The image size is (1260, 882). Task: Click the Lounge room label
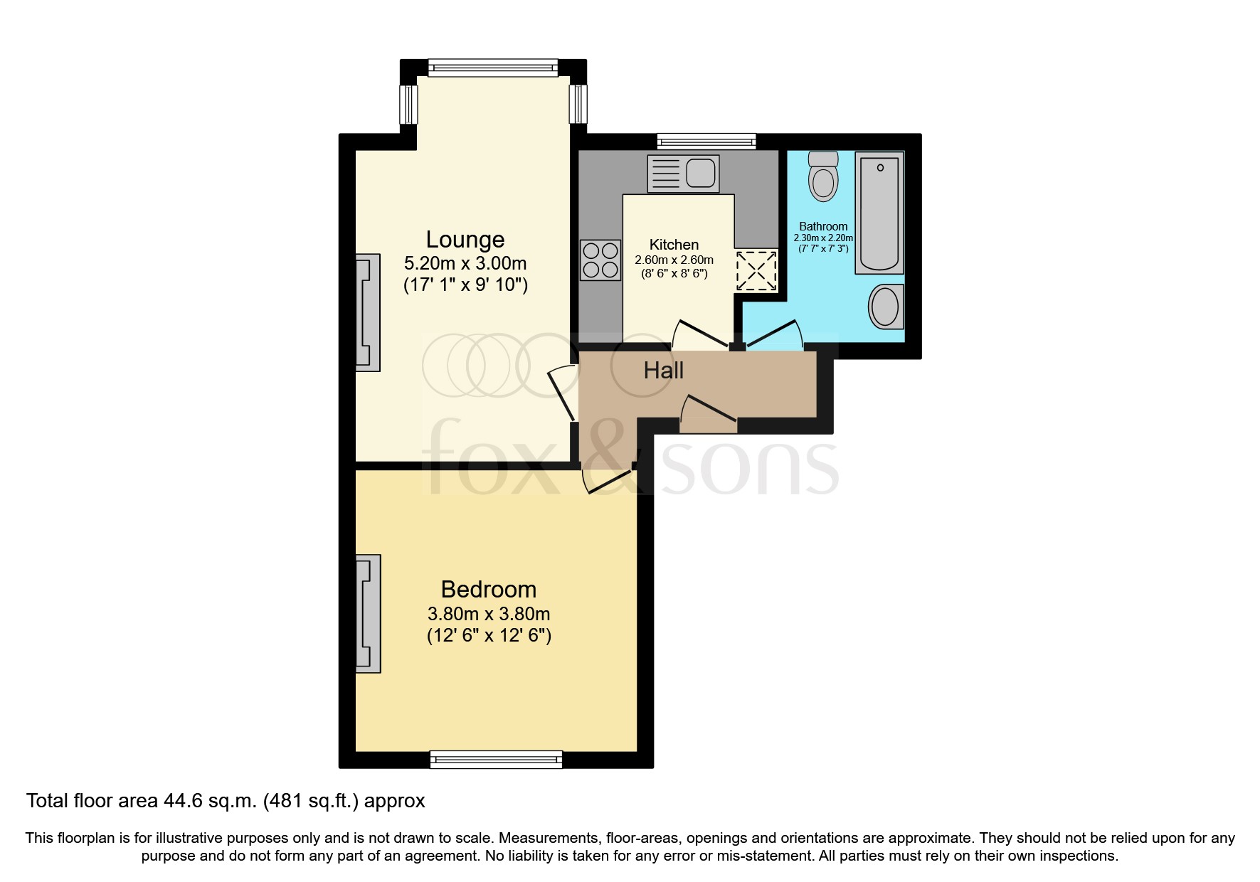point(465,239)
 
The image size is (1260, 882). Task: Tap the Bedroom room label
point(488,589)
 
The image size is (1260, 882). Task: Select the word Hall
point(663,370)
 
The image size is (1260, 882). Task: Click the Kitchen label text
point(674,245)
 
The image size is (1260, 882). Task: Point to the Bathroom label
point(823,226)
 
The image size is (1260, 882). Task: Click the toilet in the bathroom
point(823,176)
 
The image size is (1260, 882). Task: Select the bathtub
point(879,213)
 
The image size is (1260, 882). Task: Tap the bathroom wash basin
point(886,307)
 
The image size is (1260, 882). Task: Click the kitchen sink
point(683,174)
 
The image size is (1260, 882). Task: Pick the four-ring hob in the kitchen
point(600,260)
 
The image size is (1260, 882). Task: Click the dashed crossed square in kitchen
point(756,270)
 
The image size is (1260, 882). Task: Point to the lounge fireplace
point(368,312)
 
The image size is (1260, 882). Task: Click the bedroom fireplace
point(368,613)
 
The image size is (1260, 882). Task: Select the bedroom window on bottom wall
point(496,760)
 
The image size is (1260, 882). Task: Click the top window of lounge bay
point(493,68)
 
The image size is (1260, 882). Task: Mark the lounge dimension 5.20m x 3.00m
point(465,263)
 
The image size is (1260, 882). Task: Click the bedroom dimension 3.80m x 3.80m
point(488,613)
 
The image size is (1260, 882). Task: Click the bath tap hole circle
point(880,168)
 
